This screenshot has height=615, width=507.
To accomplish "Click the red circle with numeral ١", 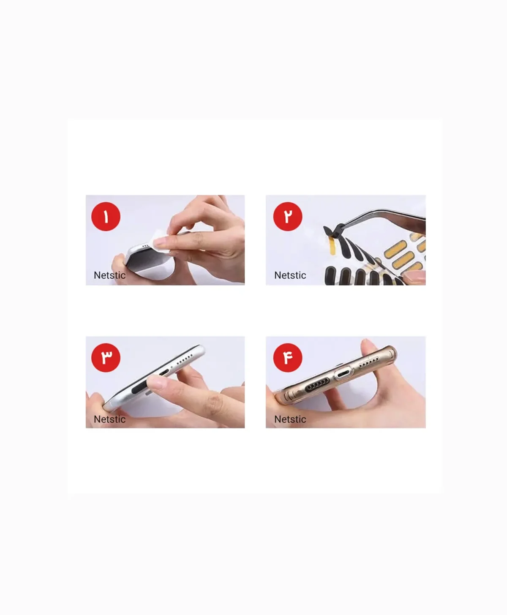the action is point(106,217).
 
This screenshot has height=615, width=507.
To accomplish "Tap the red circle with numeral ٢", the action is point(288,217).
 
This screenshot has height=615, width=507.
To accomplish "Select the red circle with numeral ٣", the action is point(106,358).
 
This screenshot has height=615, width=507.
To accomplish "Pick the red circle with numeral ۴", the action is point(288,358).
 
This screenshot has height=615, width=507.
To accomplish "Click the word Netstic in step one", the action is point(109,275).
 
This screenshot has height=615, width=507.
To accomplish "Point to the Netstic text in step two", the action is point(290,275).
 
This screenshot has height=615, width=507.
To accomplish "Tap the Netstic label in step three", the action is point(109,419).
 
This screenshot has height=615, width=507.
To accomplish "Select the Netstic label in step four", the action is point(290,419).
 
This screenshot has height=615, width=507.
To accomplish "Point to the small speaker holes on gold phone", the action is point(369,362).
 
